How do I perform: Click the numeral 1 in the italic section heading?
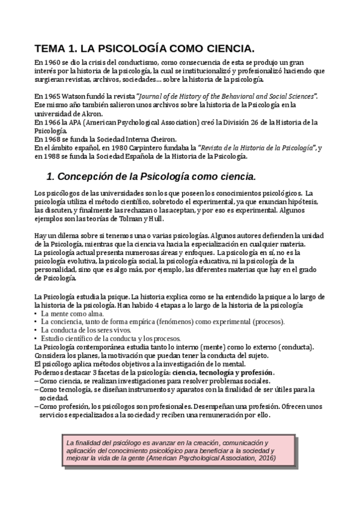[50, 177]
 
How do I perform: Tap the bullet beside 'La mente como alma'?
[37, 314]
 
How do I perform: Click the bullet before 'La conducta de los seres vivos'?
[37, 331]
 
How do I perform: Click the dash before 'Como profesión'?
[37, 407]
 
